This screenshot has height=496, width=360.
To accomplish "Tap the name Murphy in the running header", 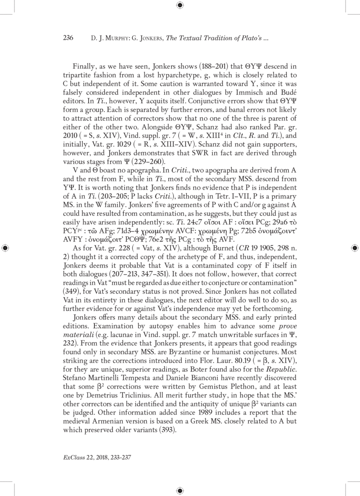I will tap(105, 39).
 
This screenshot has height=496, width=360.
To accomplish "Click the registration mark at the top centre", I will tap(180, 5).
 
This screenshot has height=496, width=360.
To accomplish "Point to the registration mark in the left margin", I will tap(5, 248).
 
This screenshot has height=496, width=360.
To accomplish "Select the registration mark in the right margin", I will tap(354, 248).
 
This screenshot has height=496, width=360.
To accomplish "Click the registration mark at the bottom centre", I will tap(180, 490).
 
